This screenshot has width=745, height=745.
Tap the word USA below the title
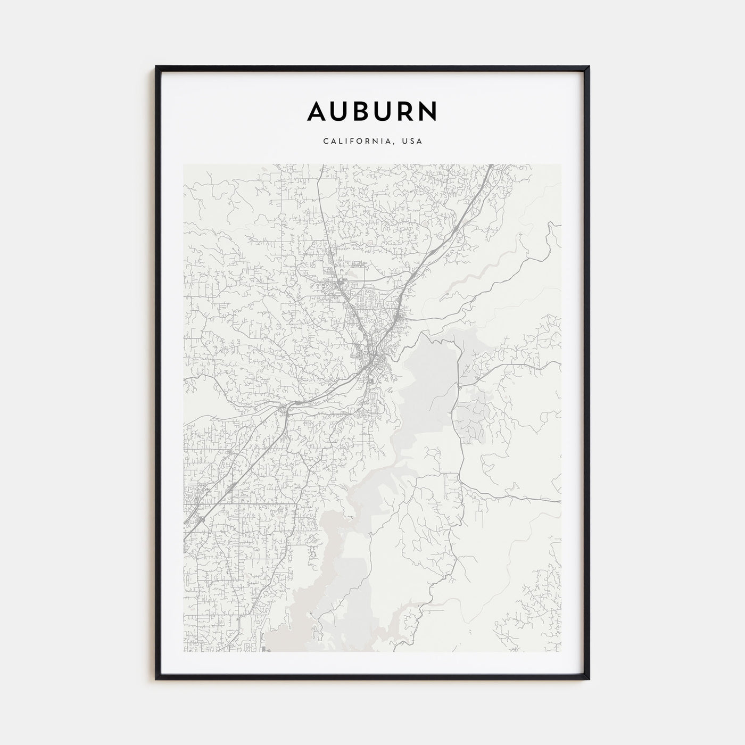pos(412,142)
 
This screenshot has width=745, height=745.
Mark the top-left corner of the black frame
pos(156,67)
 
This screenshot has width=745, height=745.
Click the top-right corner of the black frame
pos(589,67)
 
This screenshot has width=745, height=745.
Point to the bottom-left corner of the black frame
pos(156,678)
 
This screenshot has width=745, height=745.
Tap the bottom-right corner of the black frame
pos(589,678)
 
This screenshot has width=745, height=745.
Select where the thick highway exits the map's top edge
pos(491,165)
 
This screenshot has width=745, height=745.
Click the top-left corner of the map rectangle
pos(184,164)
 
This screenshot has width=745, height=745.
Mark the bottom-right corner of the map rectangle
pos(560,651)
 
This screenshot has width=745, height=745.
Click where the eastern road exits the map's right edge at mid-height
pos(560,363)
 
